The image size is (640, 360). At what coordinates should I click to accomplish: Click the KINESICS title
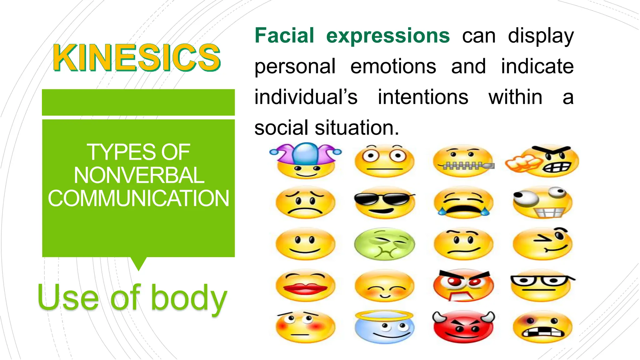tap(137, 58)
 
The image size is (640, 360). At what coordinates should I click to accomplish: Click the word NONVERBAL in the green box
tap(139, 175)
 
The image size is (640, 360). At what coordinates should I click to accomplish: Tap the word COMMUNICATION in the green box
tap(138, 198)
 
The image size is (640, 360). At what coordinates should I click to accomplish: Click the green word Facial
tap(284, 36)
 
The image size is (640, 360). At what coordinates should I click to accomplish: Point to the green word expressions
tap(388, 36)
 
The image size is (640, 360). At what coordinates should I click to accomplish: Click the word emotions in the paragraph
tap(393, 66)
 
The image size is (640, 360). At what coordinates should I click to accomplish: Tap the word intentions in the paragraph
tap(423, 97)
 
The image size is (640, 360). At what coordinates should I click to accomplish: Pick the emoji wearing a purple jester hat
tap(306, 161)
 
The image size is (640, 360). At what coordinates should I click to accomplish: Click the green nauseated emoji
tap(385, 244)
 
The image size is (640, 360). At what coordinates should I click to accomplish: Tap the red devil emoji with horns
tap(463, 327)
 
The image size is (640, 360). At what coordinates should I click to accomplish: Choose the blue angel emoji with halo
tap(385, 327)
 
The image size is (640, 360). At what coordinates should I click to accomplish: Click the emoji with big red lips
tap(305, 286)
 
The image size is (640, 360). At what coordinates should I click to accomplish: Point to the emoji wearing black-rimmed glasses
tap(542, 286)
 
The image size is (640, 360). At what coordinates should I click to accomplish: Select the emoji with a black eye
tap(542, 327)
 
